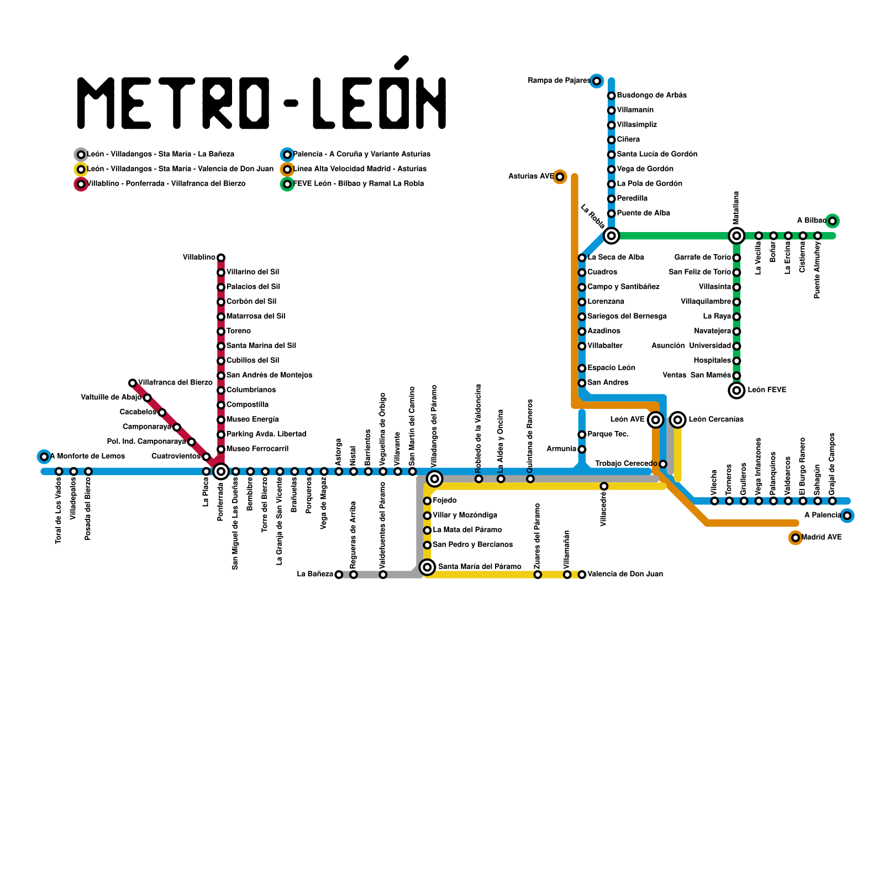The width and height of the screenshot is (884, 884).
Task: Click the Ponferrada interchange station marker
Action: [221, 471]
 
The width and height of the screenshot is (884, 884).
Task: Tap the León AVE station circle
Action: [655, 420]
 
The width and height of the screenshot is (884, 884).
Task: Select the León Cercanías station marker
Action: [678, 420]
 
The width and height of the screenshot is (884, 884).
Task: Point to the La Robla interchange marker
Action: [611, 236]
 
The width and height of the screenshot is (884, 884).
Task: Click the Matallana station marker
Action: [736, 236]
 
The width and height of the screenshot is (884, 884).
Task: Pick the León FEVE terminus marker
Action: [736, 390]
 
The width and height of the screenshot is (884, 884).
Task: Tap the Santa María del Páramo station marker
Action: [427, 567]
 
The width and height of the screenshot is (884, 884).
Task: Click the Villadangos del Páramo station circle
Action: [435, 478]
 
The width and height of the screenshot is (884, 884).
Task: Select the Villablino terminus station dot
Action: [221, 257]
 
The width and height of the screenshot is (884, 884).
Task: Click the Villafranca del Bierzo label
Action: [175, 382]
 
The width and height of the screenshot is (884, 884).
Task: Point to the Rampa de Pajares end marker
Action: [596, 81]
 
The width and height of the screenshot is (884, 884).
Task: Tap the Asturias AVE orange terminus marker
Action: [560, 177]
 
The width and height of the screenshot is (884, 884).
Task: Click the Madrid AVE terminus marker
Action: [795, 538]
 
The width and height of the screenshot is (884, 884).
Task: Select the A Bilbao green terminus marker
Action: [832, 221]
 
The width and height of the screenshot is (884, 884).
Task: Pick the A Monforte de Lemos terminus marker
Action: [44, 456]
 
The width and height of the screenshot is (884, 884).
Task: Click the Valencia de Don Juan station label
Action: [625, 574]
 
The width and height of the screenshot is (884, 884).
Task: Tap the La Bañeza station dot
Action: [339, 575]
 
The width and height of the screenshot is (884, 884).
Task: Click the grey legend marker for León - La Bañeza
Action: [81, 155]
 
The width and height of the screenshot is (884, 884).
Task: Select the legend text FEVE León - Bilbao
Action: [359, 183]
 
